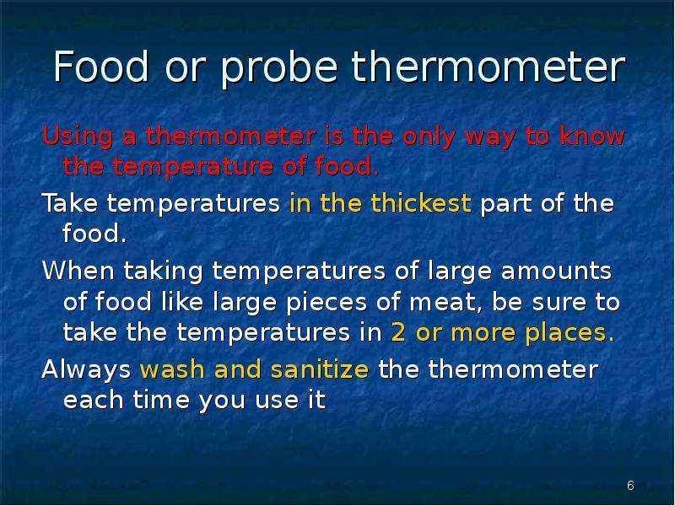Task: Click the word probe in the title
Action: (x=279, y=68)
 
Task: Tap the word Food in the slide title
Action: (x=101, y=67)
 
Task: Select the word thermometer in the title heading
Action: (x=489, y=67)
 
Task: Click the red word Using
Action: (x=78, y=137)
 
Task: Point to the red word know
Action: (x=592, y=136)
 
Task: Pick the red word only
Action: (x=429, y=137)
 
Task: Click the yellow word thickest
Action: (x=421, y=203)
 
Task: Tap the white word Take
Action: (x=70, y=203)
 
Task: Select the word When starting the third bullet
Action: (x=78, y=271)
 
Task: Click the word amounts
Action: (x=556, y=271)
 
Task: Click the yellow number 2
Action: (x=398, y=333)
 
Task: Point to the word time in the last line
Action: (x=161, y=400)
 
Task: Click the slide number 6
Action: (x=630, y=486)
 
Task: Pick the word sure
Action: (x=559, y=303)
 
